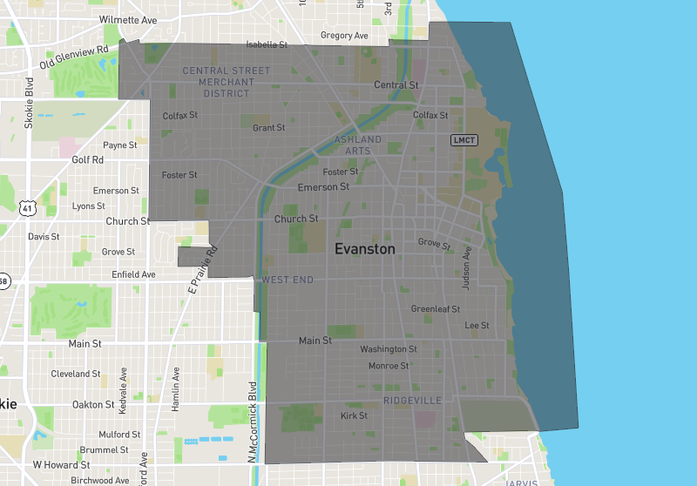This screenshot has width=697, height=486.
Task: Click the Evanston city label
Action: (364, 249)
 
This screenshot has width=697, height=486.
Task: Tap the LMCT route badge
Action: (464, 139)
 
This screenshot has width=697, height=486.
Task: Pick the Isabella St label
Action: (267, 44)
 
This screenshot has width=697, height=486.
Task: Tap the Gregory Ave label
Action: (344, 36)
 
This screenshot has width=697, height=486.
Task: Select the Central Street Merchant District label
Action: (227, 82)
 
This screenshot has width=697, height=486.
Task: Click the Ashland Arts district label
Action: (357, 145)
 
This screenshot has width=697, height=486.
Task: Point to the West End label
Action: (287, 280)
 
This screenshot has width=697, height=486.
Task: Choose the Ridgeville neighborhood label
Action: (412, 401)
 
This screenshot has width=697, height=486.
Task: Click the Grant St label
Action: (268, 128)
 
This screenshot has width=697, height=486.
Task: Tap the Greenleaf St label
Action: (436, 309)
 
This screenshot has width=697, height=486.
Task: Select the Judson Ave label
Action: (467, 267)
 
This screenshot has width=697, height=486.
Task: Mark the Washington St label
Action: (389, 349)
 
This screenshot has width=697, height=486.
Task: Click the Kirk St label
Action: (354, 416)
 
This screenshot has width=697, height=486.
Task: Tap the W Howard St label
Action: (62, 465)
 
